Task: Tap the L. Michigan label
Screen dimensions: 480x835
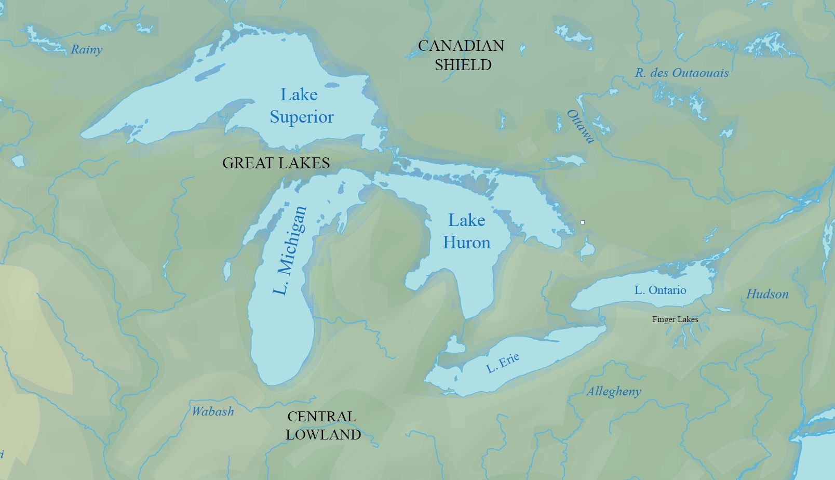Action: pyautogui.click(x=290, y=250)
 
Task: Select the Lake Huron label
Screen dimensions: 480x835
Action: pyautogui.click(x=466, y=231)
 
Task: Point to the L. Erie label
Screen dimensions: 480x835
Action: pyautogui.click(x=503, y=362)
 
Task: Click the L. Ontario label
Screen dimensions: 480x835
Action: pyautogui.click(x=660, y=290)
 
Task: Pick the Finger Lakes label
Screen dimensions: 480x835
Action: pyautogui.click(x=675, y=319)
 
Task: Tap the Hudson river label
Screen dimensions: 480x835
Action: pyautogui.click(x=767, y=294)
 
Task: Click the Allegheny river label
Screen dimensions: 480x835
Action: pyautogui.click(x=614, y=392)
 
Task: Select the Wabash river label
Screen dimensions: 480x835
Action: pyautogui.click(x=213, y=411)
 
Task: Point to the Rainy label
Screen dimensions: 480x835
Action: pyautogui.click(x=87, y=50)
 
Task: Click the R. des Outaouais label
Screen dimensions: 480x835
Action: pyautogui.click(x=681, y=73)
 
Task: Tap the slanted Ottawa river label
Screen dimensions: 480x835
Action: pyautogui.click(x=580, y=126)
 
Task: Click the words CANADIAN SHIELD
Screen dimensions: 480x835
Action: pyautogui.click(x=462, y=55)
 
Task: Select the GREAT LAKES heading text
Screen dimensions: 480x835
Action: pyautogui.click(x=276, y=163)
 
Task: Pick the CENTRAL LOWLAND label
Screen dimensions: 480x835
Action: pyautogui.click(x=322, y=425)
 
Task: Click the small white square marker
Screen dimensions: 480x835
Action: pyautogui.click(x=583, y=222)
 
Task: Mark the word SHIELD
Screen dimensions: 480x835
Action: pyautogui.click(x=463, y=65)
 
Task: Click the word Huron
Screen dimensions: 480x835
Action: pyautogui.click(x=466, y=243)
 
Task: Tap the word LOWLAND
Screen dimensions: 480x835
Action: pyautogui.click(x=323, y=435)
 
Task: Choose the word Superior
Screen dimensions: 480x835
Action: pyautogui.click(x=302, y=117)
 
